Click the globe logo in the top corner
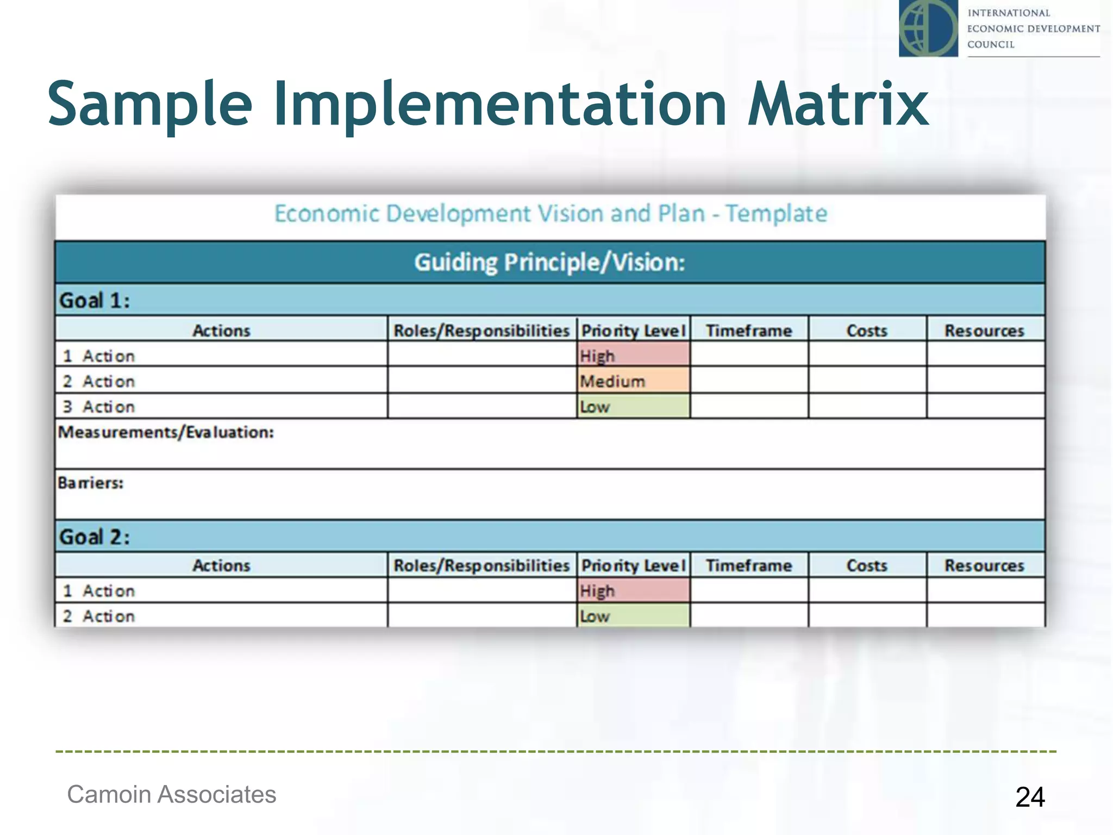[928, 28]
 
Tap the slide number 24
[1030, 797]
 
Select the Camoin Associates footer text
[171, 794]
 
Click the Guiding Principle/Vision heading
[549, 263]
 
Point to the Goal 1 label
[95, 300]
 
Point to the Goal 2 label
[95, 537]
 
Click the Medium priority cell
[633, 381]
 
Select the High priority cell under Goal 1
[633, 356]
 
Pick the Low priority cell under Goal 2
[633, 616]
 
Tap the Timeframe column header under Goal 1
[749, 330]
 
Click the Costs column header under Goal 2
[867, 565]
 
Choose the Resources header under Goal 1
[984, 330]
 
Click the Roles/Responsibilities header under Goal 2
[482, 565]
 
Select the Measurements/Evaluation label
[166, 432]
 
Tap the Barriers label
[91, 483]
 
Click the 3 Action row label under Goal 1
[99, 407]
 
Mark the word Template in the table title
[776, 214]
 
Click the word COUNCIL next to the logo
[991, 45]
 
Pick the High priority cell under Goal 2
[633, 590]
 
